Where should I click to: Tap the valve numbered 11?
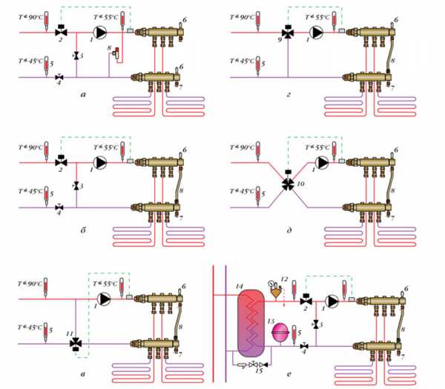click(x=76, y=344)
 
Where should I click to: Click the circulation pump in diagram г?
click(x=317, y=33)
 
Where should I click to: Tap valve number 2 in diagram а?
click(x=59, y=33)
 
